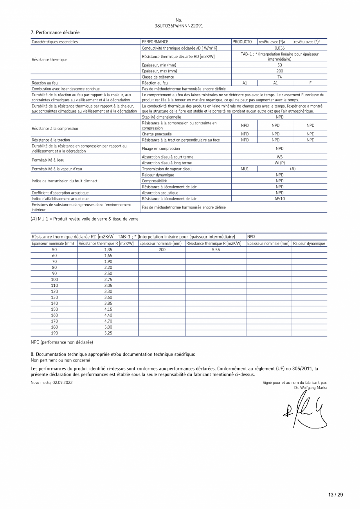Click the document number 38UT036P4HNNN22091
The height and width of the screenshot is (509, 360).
[179, 26]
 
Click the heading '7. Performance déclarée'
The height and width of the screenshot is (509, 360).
[55, 32]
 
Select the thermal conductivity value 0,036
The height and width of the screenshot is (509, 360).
[279, 48]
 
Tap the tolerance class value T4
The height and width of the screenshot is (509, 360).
[279, 77]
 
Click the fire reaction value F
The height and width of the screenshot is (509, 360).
[310, 83]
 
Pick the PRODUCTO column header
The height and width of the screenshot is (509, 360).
[242, 41]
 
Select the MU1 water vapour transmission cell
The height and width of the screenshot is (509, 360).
[245, 169]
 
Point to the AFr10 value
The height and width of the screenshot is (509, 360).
[279, 199]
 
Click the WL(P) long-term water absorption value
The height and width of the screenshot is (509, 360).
[279, 163]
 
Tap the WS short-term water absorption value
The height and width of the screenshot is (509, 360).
[279, 157]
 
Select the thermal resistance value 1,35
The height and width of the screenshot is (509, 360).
[108, 250]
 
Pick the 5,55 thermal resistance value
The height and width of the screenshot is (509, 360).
[216, 250]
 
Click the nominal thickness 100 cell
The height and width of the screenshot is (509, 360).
[54, 279]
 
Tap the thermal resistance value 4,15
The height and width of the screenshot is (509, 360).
[108, 309]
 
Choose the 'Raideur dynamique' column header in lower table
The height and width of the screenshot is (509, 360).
[309, 243]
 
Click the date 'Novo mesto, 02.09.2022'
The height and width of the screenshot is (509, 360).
[52, 383]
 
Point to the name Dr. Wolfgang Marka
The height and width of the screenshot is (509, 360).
[311, 388]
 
